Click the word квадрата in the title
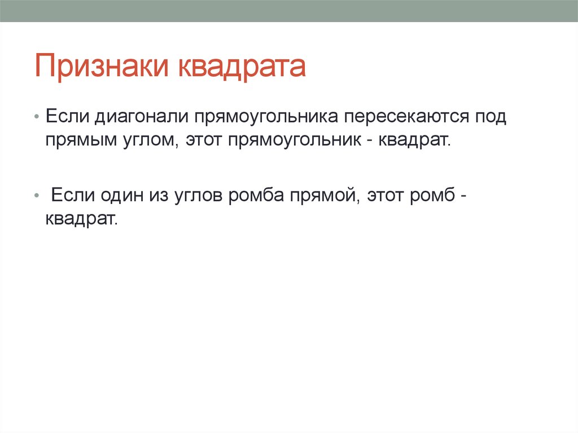242,67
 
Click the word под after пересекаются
491,117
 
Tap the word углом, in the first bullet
150,141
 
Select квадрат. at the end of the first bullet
411,141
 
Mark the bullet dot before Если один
36,195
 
